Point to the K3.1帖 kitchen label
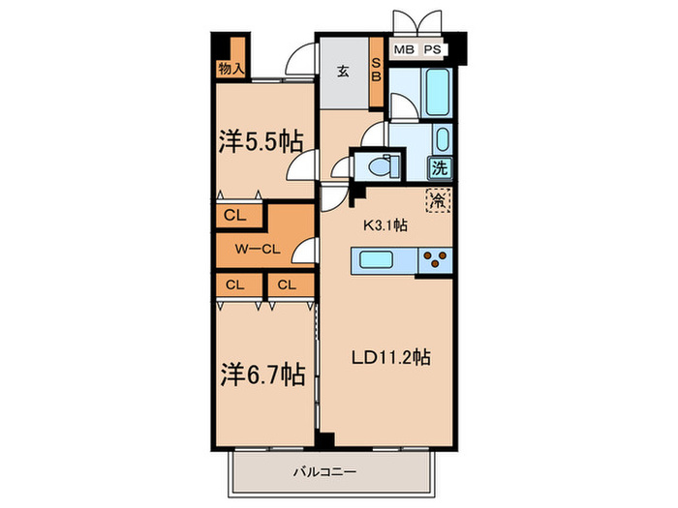385,225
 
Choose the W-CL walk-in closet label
258,249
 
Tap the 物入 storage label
231,69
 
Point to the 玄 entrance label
344,71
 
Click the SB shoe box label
378,73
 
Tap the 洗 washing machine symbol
441,167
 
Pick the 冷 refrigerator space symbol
439,201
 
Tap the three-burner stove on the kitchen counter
434,258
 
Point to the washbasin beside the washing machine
442,139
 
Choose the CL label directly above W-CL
233,216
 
